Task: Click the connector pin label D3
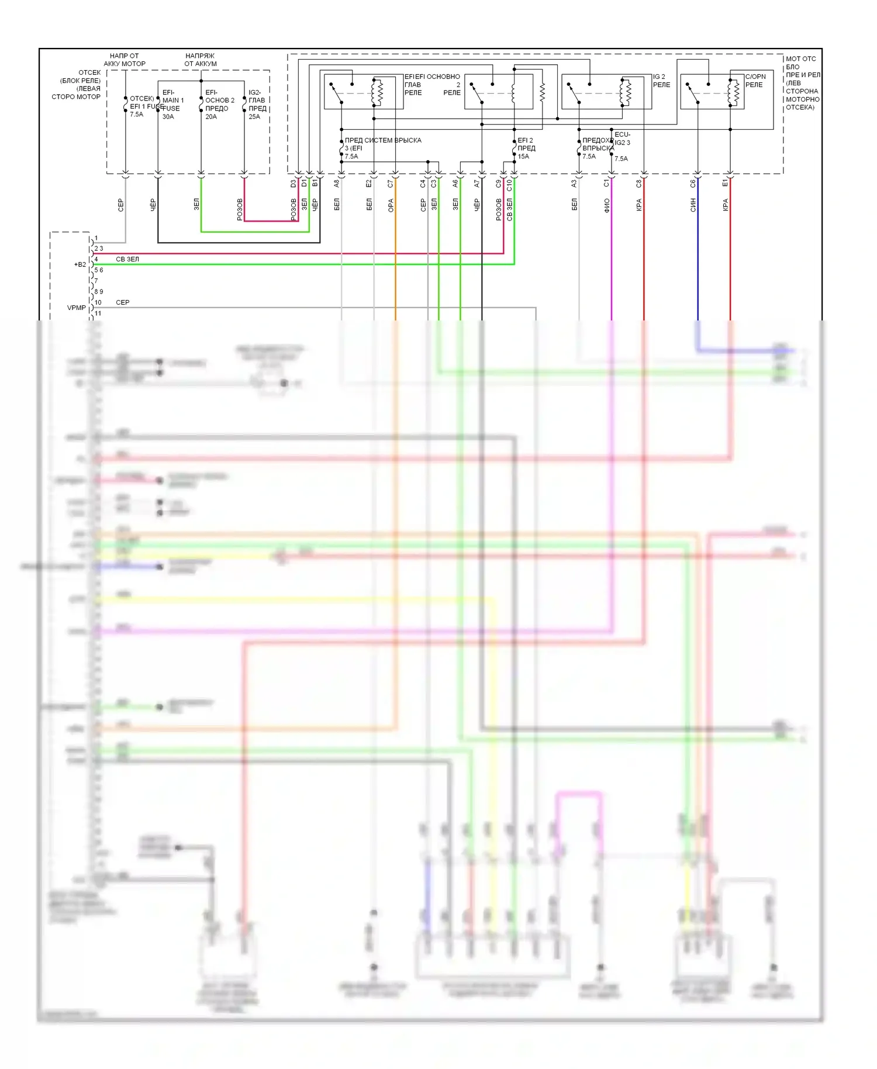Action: point(294,184)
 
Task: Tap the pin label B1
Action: point(315,184)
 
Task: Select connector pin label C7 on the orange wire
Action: point(391,184)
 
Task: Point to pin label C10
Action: point(509,185)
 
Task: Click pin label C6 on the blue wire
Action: point(693,184)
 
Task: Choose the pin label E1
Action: point(725,184)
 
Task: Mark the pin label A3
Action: point(574,184)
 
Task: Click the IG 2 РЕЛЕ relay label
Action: point(661,81)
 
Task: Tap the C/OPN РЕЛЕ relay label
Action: point(755,81)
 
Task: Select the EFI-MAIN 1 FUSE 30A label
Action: point(172,104)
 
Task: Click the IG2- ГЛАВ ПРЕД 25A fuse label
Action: point(257,104)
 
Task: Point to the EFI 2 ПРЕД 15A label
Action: point(526,148)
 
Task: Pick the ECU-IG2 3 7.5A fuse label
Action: point(622,146)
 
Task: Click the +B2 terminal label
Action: point(80,264)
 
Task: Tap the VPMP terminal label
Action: point(76,308)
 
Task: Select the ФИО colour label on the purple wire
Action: point(607,205)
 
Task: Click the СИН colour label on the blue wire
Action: point(693,205)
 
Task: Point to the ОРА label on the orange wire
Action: point(391,205)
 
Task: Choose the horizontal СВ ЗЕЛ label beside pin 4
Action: point(127,259)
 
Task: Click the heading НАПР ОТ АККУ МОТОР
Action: point(125,60)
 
